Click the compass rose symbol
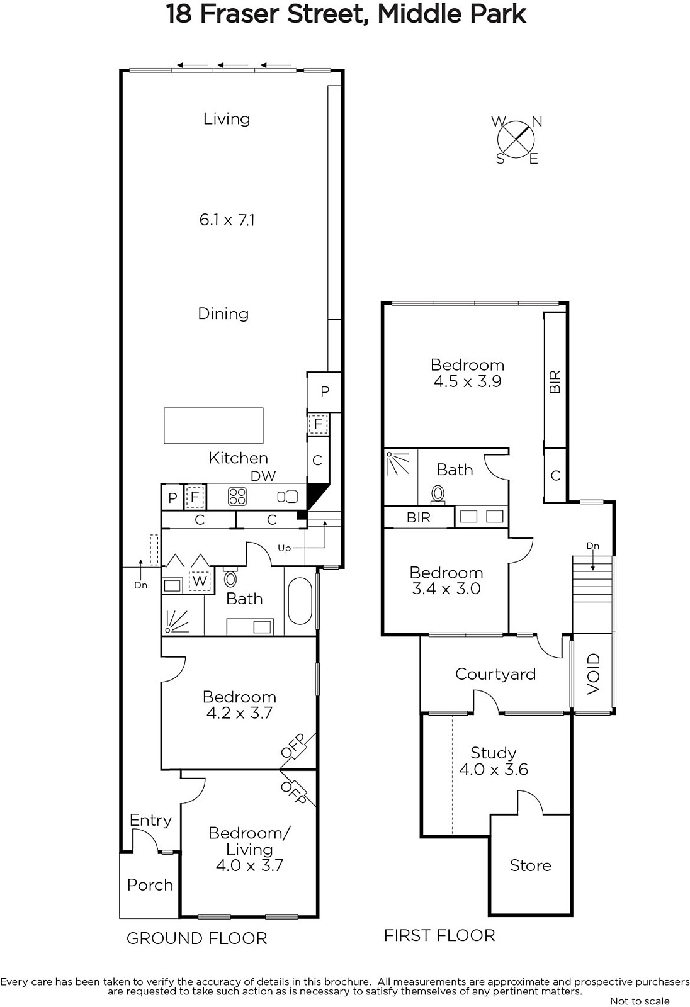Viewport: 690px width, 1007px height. tap(516, 139)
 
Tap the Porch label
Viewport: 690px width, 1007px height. tap(150, 885)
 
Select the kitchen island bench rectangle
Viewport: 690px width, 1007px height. tap(213, 425)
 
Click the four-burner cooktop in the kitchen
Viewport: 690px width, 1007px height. tap(237, 497)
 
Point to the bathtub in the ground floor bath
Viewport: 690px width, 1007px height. tap(299, 601)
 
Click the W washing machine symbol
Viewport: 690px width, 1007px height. tap(200, 580)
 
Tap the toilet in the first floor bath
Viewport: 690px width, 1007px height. tap(438, 494)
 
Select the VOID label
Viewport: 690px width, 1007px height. tap(593, 673)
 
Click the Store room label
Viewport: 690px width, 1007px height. tap(530, 865)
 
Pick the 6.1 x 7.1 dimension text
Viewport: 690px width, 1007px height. tap(227, 220)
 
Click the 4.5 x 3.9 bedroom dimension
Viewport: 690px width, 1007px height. tap(467, 381)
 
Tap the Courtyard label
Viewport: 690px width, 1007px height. tap(495, 674)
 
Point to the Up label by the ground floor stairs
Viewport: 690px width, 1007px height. tap(285, 548)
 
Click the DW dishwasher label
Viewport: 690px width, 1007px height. tap(263, 476)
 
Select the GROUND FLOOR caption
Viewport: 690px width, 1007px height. tap(196, 938)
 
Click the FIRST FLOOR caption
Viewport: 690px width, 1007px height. tap(439, 935)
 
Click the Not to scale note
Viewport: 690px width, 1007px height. tap(640, 1001)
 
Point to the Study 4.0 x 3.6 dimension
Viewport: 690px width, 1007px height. tap(494, 769)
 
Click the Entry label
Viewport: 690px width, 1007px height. tap(150, 821)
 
